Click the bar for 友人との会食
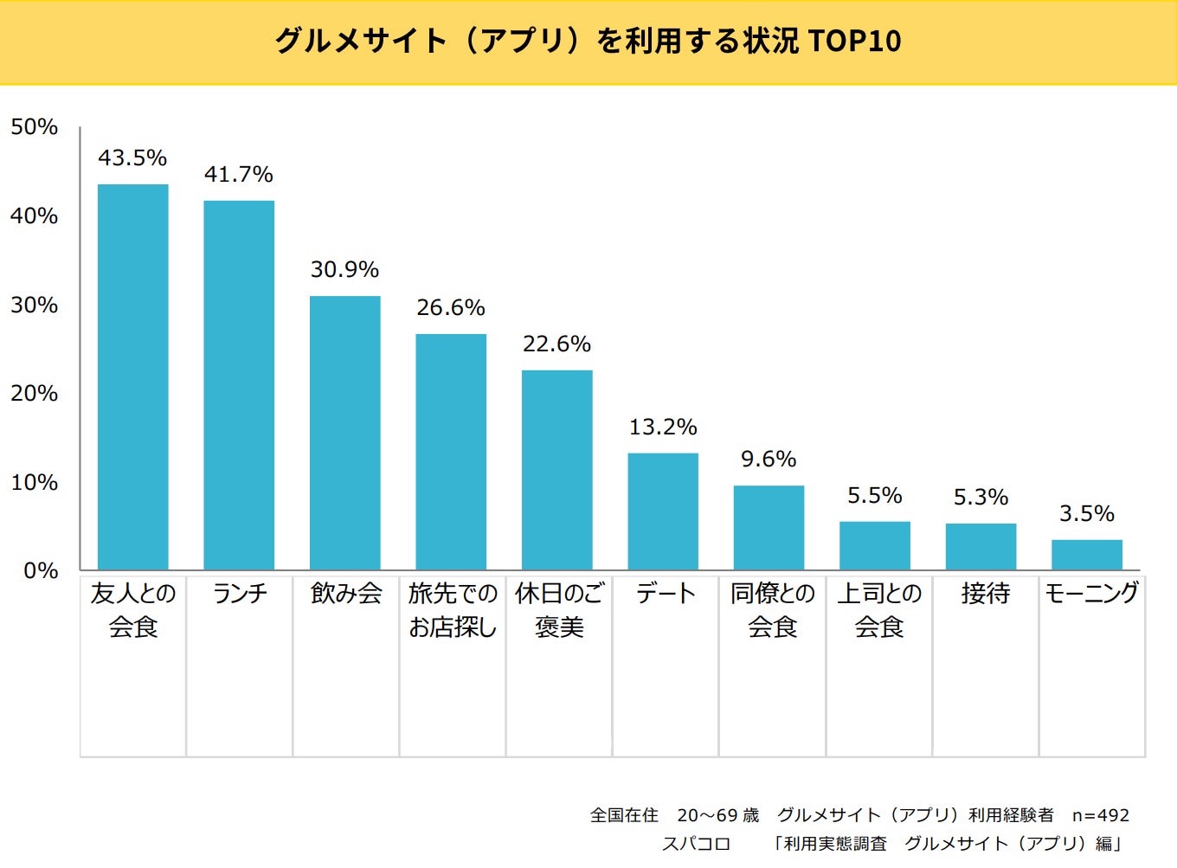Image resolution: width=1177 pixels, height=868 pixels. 132,377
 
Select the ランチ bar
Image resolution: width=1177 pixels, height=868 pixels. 239,385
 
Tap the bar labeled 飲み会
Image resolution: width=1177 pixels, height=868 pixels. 344,433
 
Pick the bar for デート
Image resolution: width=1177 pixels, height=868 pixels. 663,511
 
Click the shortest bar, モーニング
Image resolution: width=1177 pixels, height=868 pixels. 1087,555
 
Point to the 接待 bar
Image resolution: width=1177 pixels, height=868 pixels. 981,547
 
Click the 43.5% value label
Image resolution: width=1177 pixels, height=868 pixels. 132,158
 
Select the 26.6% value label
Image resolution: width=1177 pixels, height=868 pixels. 451,307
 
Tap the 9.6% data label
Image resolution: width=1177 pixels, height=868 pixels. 769,459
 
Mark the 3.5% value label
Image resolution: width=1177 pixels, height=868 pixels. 1087,513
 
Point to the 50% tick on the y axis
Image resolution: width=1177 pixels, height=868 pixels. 35,127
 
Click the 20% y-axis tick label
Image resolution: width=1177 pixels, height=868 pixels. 35,394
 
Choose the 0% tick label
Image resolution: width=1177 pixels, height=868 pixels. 41,571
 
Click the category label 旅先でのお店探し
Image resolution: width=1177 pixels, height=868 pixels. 453,610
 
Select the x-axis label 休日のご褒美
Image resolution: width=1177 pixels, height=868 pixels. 559,610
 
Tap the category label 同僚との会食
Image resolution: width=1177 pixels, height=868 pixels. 773,610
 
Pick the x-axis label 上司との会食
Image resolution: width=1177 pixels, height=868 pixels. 879,610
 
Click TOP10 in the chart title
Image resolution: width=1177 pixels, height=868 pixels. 854,41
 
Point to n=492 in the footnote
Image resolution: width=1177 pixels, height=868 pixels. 1100,815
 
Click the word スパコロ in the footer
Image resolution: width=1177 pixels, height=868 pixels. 697,844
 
